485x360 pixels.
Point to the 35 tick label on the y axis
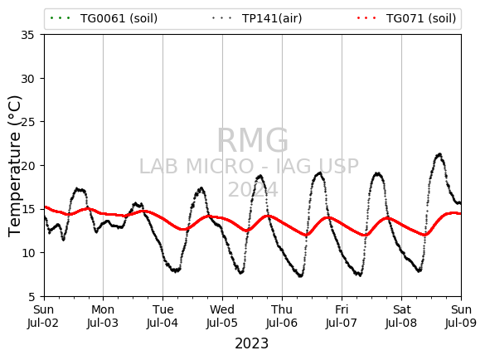point(27,35)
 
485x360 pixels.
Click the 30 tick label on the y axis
point(27,79)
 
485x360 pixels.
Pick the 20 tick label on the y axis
point(27,166)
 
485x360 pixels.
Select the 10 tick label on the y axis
point(27,253)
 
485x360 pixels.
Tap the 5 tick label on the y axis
point(31,296)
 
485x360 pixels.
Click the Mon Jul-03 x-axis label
point(103,316)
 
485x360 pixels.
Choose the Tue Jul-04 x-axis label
point(162,316)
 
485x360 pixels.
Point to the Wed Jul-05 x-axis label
point(222,316)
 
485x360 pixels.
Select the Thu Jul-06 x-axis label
point(282,316)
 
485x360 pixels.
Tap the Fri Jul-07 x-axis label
point(342,316)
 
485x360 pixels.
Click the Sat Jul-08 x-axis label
point(401,316)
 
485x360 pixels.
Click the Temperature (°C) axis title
point(14,166)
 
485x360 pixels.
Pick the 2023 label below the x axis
point(251,343)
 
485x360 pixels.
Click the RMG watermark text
point(253,140)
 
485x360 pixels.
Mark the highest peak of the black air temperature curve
point(439,153)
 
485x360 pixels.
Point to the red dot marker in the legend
point(366,18)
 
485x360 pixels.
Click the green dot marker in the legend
point(61,18)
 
